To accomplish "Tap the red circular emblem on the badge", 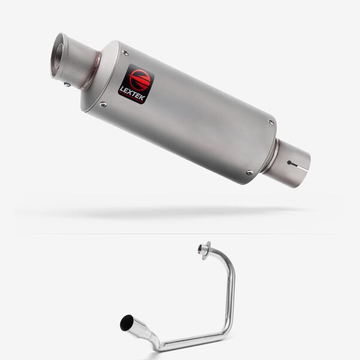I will point(140,78).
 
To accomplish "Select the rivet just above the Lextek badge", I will point(125,53).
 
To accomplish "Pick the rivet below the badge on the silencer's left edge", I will point(104,104).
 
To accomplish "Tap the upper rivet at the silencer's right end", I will point(272,122).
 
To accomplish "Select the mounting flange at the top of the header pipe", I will point(205,248).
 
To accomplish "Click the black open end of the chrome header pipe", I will point(127,323).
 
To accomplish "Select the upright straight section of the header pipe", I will point(232,294).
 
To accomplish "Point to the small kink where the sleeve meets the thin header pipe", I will point(154,343).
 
